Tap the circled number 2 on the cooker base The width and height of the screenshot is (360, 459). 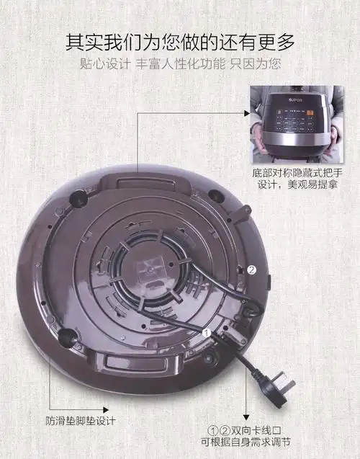(251, 269)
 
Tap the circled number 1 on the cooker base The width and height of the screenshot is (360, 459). (207, 334)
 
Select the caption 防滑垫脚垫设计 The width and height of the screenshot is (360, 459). (78, 420)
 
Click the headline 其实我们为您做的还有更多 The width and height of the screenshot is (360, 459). (180, 41)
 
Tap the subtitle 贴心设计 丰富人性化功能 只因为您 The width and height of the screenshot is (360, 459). (180, 63)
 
